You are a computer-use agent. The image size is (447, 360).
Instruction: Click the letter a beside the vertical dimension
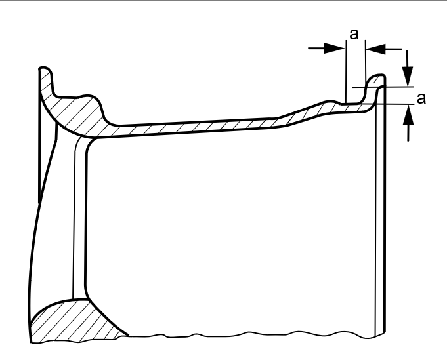(x=422, y=98)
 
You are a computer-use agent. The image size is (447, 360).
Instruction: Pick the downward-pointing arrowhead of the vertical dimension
(x=408, y=77)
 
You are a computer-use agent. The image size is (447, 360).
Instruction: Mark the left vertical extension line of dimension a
(x=345, y=72)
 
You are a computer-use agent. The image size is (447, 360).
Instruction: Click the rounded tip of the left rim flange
(x=45, y=69)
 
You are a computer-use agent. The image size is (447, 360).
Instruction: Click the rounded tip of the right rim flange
(x=376, y=77)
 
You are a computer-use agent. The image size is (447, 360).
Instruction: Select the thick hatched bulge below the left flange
(x=79, y=108)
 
